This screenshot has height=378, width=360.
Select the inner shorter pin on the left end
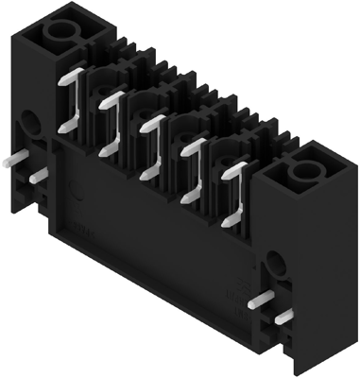click(x=36, y=175)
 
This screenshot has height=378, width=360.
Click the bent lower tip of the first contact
click(x=64, y=127)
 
